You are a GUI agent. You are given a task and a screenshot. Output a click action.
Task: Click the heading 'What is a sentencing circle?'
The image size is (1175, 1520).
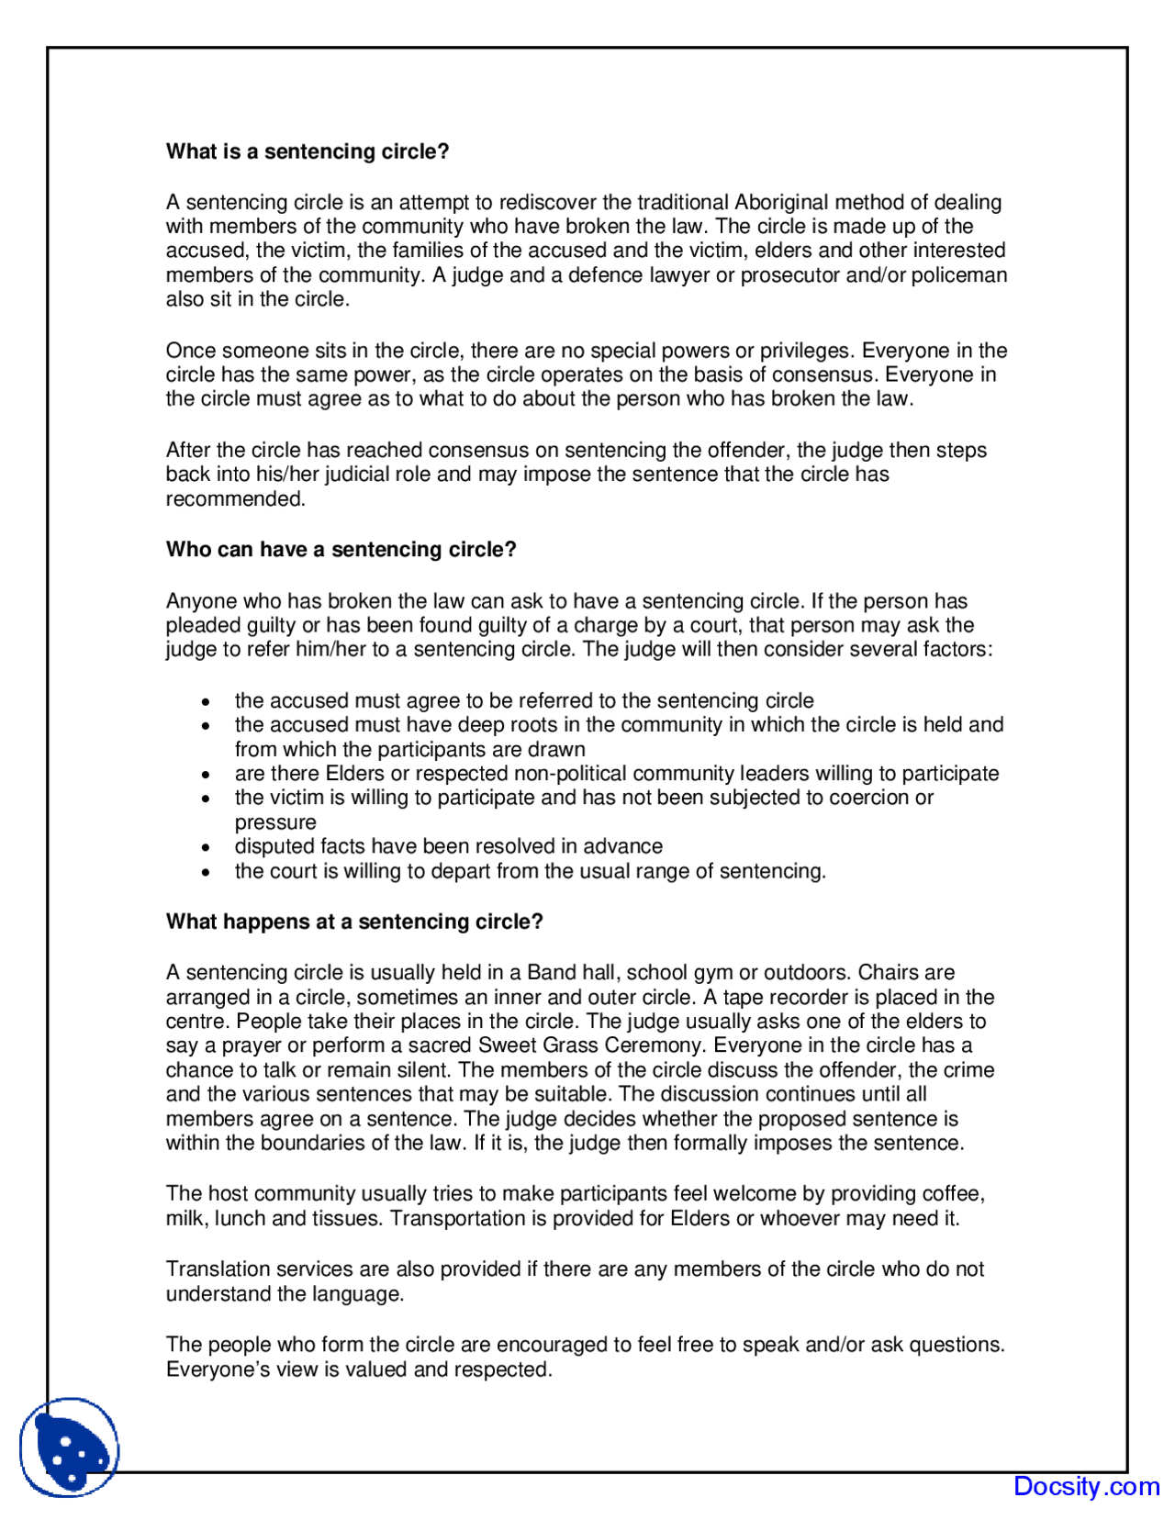tap(308, 151)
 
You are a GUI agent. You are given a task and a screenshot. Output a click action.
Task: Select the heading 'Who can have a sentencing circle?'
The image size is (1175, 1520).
tap(341, 550)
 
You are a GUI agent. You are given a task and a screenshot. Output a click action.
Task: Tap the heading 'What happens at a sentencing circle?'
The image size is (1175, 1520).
tap(354, 922)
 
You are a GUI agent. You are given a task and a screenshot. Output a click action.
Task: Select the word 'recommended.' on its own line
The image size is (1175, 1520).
tap(235, 499)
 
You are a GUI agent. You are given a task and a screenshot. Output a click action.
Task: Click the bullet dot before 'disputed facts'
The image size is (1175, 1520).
tap(206, 848)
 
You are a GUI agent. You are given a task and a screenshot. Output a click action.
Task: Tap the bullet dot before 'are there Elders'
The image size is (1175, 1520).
tap(206, 775)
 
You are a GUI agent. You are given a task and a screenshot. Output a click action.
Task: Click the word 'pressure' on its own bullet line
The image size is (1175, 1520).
tap(274, 822)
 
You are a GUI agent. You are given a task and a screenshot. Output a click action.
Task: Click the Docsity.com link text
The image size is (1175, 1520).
tap(1086, 1486)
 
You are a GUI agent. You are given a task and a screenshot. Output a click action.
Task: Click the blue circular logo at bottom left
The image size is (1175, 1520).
tap(70, 1447)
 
